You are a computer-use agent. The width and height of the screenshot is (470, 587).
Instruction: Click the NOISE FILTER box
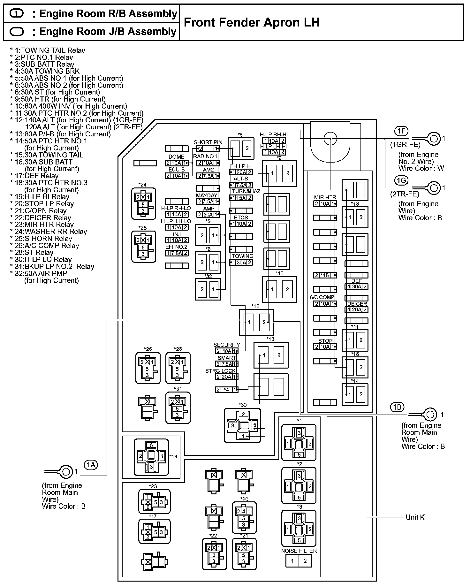tap(299, 561)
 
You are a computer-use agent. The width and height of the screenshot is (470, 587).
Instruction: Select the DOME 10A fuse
tap(177, 163)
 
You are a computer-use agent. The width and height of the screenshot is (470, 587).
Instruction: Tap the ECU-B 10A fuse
tap(177, 176)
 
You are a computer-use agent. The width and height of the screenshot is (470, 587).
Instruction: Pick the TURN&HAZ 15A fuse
tap(241, 198)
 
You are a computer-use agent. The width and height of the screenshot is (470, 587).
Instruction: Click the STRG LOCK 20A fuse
tap(227, 377)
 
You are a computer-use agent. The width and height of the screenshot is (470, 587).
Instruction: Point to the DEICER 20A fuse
tap(356, 309)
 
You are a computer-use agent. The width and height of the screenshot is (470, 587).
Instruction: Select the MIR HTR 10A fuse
tap(325, 204)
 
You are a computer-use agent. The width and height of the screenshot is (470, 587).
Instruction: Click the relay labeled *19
tap(151, 456)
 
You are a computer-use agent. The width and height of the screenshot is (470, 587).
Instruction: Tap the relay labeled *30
tap(242, 425)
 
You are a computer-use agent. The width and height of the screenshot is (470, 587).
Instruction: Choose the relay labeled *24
tap(143, 203)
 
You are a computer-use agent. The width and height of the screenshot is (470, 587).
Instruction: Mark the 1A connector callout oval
tap(91, 465)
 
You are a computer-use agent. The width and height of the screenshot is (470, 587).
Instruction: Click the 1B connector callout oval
tap(397, 407)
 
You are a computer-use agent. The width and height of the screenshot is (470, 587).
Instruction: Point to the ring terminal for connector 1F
tap(433, 139)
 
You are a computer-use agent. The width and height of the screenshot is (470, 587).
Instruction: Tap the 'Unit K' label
tap(415, 517)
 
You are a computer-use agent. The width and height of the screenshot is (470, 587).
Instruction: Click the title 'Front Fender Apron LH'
tap(252, 22)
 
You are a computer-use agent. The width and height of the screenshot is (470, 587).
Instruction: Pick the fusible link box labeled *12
tap(257, 322)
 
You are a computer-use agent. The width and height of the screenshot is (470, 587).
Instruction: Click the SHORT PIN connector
tap(208, 149)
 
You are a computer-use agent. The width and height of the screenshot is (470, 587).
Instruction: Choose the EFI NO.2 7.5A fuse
tap(177, 253)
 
